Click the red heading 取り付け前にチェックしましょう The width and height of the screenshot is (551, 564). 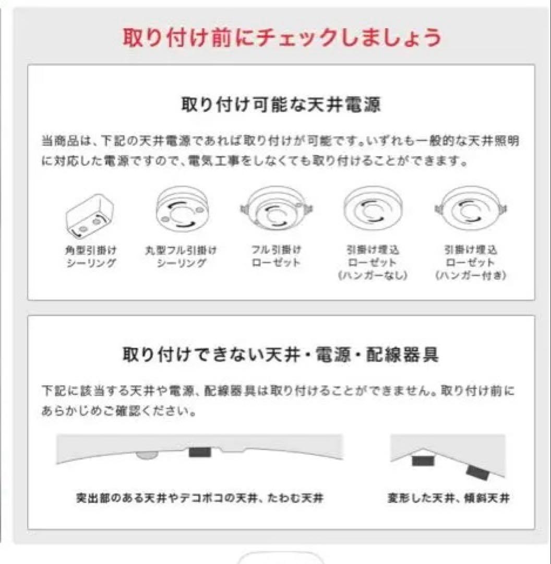click(281, 38)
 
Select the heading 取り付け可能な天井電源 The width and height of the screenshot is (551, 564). click(281, 105)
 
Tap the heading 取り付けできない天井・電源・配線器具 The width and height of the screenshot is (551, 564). click(281, 355)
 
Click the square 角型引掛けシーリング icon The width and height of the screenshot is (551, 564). click(90, 216)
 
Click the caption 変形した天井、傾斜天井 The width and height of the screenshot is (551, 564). click(448, 498)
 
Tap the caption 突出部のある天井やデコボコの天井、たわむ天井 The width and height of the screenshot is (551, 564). click(199, 498)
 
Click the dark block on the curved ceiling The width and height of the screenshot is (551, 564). click(200, 451)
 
